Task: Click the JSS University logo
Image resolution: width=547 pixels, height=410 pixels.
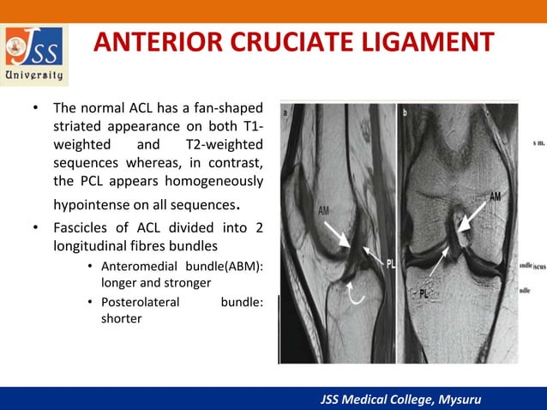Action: coord(35,54)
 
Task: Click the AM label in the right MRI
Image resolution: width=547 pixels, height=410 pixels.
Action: coord(495,196)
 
